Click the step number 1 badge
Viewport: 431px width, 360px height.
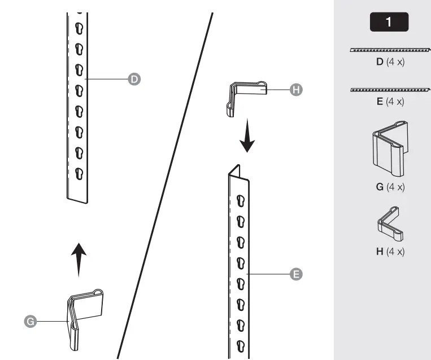(389, 22)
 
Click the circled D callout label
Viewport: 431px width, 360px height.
(134, 80)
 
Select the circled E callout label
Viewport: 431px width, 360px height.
(294, 274)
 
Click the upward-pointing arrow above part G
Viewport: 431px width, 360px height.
(79, 259)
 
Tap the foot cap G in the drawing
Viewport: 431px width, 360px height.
(85, 319)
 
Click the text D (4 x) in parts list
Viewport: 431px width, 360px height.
(390, 62)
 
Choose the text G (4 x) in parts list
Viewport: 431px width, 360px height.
(390, 187)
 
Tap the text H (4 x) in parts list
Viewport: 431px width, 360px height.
(390, 251)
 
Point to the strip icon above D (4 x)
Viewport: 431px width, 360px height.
(390, 50)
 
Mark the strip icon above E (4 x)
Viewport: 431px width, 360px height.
(390, 89)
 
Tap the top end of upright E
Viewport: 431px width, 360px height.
(236, 172)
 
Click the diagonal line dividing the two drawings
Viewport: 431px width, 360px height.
(166, 186)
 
